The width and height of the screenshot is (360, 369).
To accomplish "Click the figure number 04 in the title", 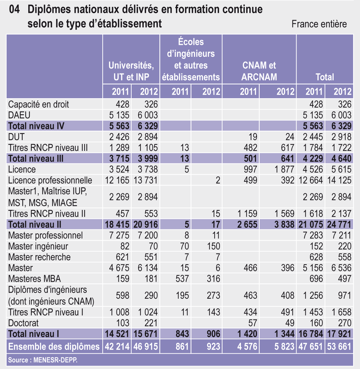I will pos(14,10).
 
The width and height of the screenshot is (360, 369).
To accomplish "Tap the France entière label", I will pos(319,24).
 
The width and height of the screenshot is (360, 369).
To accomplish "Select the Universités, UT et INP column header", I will pos(131,71).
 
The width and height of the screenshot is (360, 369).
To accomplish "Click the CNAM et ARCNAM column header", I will pos(259,71).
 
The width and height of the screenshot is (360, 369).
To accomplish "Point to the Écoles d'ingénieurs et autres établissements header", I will pos(191,60).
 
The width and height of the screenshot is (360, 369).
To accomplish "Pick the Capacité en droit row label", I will pos(38,104).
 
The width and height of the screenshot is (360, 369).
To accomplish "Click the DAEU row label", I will pos(19,115).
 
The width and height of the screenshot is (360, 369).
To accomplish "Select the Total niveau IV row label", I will pos(36,126).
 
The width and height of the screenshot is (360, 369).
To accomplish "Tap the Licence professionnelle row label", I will pos(50,180).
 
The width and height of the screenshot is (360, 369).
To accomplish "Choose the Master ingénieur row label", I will pos(38,246).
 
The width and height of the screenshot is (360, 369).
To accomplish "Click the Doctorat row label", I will pos(23,323).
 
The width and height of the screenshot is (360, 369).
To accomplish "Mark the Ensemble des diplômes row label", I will pos(54,347).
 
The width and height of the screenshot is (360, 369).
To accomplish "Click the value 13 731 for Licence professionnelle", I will pos(145,180).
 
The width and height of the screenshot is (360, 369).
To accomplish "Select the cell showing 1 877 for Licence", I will pos(284,169).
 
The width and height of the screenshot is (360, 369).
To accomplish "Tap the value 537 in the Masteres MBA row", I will pos(182,279).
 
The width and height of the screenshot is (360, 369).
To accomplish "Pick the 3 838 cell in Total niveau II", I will pos(284,224).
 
